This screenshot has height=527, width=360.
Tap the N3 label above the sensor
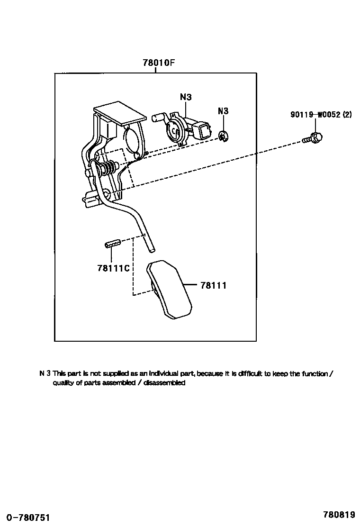pyautogui.click(x=186, y=98)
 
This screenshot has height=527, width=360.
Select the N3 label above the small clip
pyautogui.click(x=223, y=111)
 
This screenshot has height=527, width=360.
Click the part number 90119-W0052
pyautogui.click(x=315, y=115)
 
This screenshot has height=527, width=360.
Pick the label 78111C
pyautogui.click(x=113, y=268)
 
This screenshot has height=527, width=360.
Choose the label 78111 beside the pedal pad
pyautogui.click(x=213, y=285)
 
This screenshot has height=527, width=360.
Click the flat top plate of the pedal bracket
pyautogui.click(x=120, y=114)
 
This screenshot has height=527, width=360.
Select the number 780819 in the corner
pyautogui.click(x=339, y=515)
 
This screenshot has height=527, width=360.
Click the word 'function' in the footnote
pyautogui.click(x=313, y=374)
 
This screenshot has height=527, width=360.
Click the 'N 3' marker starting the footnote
pyautogui.click(x=45, y=374)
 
